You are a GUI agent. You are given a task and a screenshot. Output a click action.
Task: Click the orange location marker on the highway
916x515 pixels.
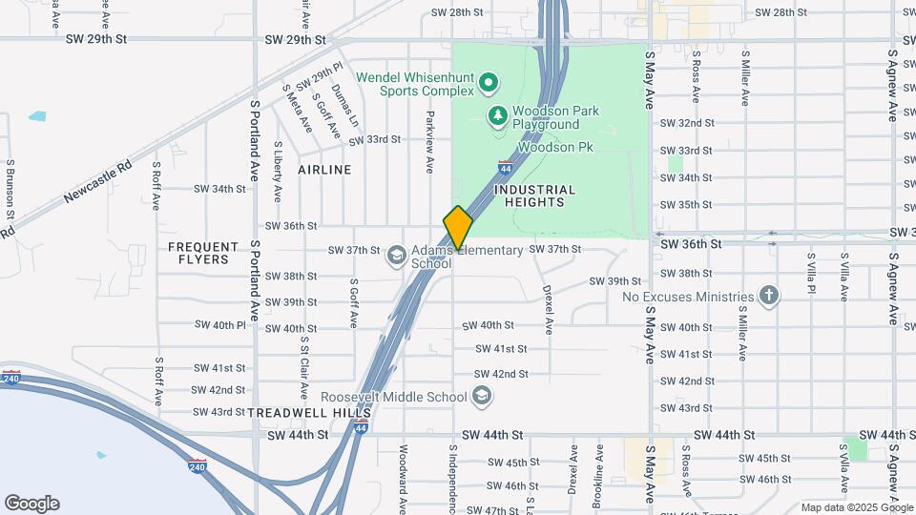point(458,227)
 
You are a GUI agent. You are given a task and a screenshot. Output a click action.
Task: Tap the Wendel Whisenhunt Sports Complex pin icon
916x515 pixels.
point(489,83)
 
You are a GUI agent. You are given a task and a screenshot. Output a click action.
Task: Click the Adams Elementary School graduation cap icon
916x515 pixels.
point(396,256)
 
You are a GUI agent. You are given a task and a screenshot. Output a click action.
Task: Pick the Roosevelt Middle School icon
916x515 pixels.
point(483,396)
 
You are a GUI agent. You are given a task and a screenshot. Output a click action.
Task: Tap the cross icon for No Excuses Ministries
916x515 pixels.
point(769,296)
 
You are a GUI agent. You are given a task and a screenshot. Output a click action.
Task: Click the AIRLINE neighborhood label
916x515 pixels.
point(324,170)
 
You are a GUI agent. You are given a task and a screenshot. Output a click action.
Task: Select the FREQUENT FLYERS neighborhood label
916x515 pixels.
point(203,253)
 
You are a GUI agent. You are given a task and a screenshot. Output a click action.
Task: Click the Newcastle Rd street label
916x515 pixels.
point(97,180)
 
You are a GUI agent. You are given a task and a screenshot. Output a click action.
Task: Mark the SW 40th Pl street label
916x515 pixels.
point(216,325)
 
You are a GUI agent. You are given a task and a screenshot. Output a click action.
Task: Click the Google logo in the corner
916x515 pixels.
point(31,504)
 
